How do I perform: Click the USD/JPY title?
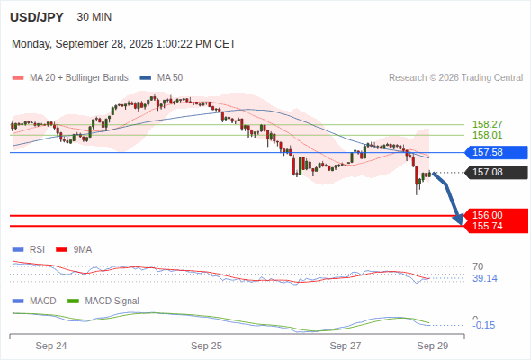coord(37,17)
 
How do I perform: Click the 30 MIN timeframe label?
coord(94,17)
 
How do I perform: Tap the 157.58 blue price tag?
coord(496,152)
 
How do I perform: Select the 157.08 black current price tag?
coord(496,173)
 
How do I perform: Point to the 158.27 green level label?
coord(488,124)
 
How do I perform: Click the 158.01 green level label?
coord(488,135)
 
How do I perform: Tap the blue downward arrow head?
coord(458,220)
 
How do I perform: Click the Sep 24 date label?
coord(51,346)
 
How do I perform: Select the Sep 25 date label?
coord(207,346)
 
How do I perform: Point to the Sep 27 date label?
coord(346,346)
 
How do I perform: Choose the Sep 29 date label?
coord(433,346)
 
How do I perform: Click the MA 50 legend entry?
coord(161,78)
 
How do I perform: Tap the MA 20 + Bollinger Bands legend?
coord(70,78)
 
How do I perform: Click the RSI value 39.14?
coord(485,278)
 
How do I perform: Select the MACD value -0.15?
coord(484,325)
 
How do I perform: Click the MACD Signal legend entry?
coord(103,301)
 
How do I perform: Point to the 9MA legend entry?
coord(74,249)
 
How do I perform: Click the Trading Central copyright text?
coord(455,78)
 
